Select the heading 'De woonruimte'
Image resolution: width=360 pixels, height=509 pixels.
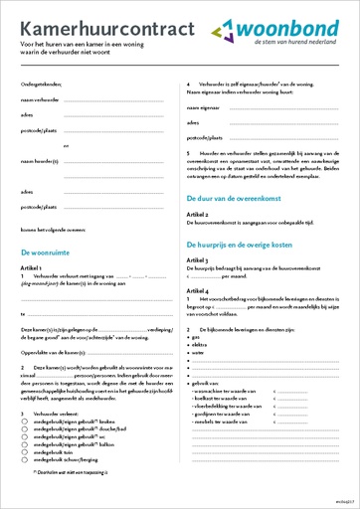point(48,254)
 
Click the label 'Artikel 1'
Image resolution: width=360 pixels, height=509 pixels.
point(34,268)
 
